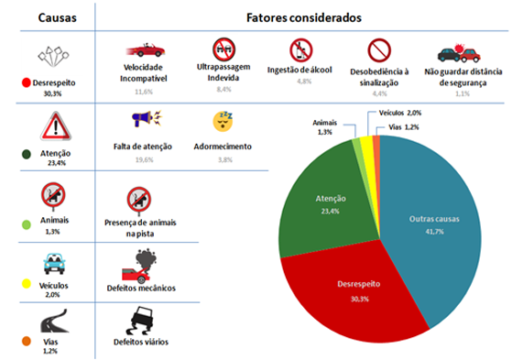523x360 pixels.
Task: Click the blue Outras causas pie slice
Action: pyautogui.click(x=430, y=220)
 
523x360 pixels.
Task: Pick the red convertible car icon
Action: pyautogui.click(x=147, y=49)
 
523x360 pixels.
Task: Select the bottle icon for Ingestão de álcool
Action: pyautogui.click(x=300, y=49)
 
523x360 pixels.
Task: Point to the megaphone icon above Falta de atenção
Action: pyautogui.click(x=147, y=120)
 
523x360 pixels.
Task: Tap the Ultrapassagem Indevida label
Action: pyautogui.click(x=223, y=73)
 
